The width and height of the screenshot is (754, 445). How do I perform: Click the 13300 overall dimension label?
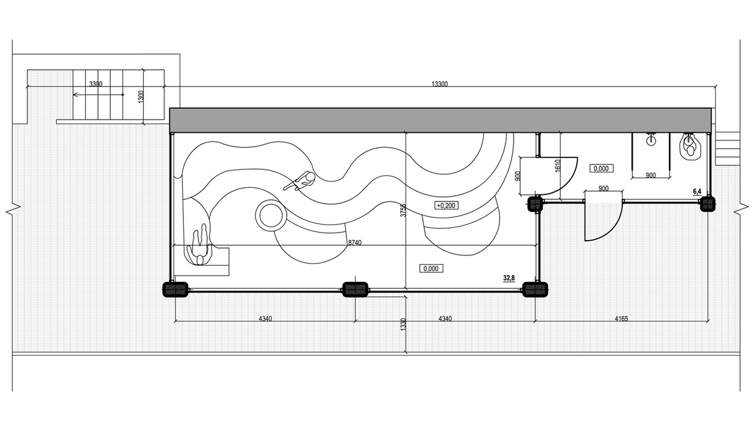click(x=440, y=84)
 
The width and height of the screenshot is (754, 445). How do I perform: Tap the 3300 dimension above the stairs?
click(x=96, y=84)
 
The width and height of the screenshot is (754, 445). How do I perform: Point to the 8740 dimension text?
click(x=354, y=243)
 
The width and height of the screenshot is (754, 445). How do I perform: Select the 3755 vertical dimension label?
click(x=403, y=210)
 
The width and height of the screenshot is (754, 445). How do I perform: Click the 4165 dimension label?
click(x=621, y=319)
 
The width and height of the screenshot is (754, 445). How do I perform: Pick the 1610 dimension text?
click(x=558, y=166)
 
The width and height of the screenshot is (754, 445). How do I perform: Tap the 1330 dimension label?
click(x=404, y=324)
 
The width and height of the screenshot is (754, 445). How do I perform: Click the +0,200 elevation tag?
click(x=447, y=205)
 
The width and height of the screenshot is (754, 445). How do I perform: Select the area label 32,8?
click(x=509, y=278)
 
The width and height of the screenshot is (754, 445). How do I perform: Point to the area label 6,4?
click(x=697, y=192)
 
